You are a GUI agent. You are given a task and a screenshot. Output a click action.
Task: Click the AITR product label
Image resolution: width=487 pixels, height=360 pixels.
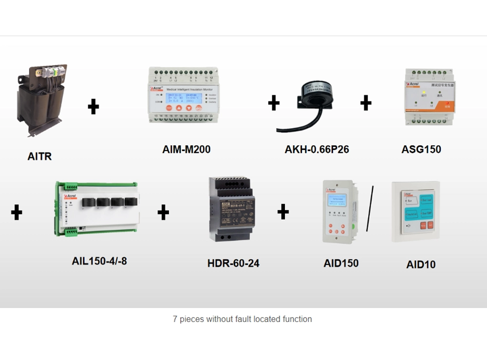tap(39, 156)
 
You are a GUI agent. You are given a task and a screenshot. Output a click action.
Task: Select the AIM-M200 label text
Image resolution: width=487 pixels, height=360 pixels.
tap(187, 149)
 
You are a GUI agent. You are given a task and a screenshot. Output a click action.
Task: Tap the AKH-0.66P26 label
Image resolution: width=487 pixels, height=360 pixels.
tap(317, 149)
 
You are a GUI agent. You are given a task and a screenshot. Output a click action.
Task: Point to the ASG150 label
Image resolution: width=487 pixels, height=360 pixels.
tap(421, 149)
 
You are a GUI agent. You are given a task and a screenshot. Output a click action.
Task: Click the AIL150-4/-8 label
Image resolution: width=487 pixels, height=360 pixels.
tap(99, 261)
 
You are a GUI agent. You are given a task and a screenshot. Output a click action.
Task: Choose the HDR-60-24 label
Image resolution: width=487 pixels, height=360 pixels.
tap(233, 264)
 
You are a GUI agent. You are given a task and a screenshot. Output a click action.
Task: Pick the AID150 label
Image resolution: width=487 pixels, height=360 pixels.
tap(341, 263)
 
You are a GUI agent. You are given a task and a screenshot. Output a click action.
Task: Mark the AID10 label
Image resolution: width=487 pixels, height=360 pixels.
tap(421, 265)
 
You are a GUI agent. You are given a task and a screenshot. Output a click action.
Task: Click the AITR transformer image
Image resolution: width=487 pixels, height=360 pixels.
tap(41, 100)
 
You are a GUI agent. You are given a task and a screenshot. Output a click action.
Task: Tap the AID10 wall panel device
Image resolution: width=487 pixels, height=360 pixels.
tap(415, 211)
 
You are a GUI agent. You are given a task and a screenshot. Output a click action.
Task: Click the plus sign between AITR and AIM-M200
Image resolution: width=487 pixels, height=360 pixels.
tap(94, 106)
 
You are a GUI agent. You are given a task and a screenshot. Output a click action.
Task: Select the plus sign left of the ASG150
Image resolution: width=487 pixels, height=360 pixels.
tap(366, 103)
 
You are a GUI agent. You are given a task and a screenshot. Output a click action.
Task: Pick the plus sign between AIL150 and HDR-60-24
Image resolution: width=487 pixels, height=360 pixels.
tap(163, 212)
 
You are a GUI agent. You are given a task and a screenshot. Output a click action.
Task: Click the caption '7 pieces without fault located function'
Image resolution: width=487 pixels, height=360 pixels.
tap(242, 319)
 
